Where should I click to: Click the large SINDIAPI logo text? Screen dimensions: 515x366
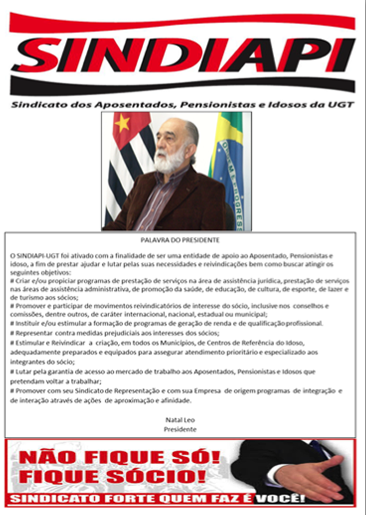coord(183,54)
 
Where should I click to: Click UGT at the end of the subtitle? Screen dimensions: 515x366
coord(342,105)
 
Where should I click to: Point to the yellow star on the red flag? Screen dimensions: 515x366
coord(122,123)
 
